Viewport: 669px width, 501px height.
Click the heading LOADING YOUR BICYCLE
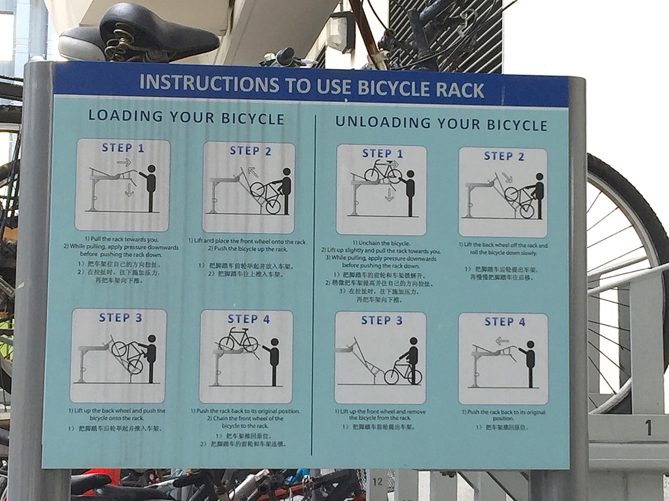click(x=186, y=117)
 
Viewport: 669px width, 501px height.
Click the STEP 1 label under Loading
click(x=123, y=148)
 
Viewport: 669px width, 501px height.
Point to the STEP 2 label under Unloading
click(x=504, y=156)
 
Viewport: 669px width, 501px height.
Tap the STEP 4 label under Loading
click(x=248, y=319)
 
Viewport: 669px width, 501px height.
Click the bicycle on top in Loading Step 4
click(x=238, y=340)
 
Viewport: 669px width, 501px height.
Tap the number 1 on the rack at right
click(x=648, y=428)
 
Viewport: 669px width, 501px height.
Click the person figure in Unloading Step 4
click(x=530, y=363)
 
